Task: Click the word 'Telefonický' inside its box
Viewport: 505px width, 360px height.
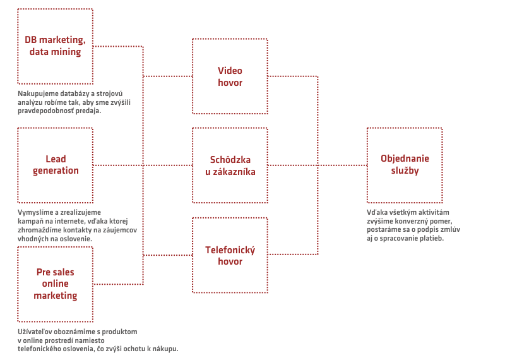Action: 230,250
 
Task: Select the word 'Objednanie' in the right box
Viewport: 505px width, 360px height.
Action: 405,159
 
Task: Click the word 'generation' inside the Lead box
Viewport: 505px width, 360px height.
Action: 56,171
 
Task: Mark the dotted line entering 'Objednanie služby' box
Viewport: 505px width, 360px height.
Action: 342,165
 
